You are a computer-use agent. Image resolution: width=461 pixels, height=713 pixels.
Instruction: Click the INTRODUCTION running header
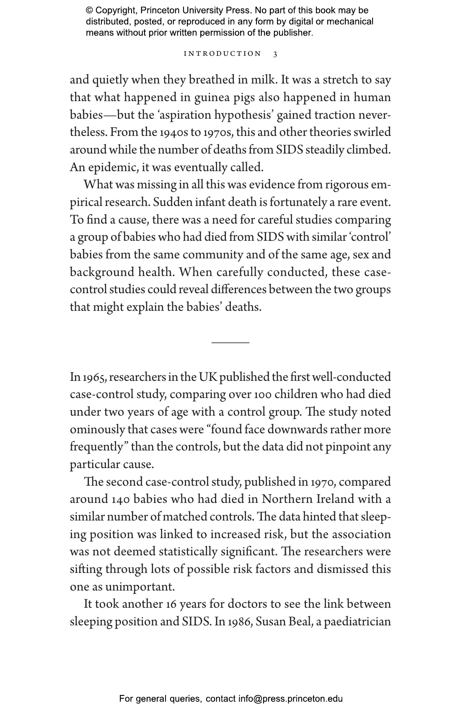point(223,54)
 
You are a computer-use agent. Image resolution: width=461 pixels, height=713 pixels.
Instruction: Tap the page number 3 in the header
point(275,54)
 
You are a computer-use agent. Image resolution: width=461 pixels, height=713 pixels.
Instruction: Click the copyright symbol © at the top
point(89,10)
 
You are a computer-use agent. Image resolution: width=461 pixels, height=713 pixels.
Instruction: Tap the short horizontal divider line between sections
point(230,343)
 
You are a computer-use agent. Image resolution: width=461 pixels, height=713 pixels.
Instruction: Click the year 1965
point(95,377)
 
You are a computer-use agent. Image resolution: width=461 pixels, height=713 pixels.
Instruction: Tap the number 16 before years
point(171,604)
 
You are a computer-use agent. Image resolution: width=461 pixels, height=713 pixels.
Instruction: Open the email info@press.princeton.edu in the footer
point(290,699)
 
